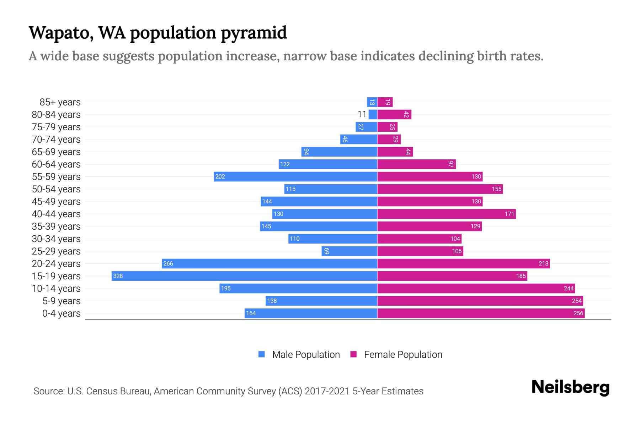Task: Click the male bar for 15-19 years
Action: click(244, 276)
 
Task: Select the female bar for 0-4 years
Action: click(481, 313)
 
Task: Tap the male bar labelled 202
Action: click(295, 176)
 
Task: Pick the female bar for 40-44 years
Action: click(446, 214)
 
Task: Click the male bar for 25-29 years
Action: click(350, 251)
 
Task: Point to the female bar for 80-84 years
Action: click(394, 114)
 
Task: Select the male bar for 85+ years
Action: click(372, 102)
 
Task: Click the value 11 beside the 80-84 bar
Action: click(362, 114)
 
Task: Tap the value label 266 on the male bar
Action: click(168, 263)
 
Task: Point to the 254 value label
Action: click(576, 301)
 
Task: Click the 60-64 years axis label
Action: click(56, 164)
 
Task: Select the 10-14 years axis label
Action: click(56, 289)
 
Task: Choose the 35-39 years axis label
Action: click(56, 226)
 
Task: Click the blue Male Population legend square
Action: click(262, 354)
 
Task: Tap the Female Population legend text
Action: click(403, 355)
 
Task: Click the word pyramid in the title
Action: click(254, 33)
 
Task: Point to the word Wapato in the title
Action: click(61, 33)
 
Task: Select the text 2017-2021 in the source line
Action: click(327, 391)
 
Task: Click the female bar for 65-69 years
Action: click(395, 152)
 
